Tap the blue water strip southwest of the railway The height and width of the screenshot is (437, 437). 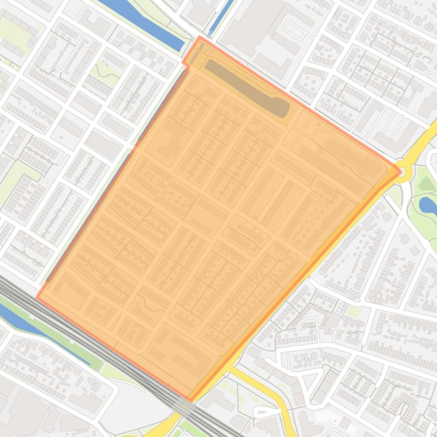[x=40, y=326]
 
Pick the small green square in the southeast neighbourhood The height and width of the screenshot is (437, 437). [x=353, y=312]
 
